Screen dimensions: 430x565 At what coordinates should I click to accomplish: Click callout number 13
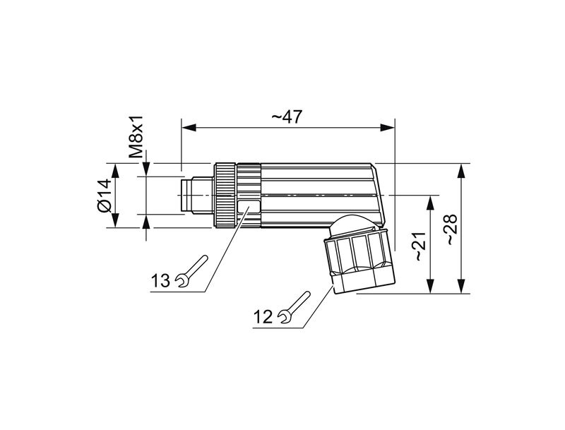(x=161, y=281)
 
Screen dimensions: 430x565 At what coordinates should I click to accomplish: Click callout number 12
(x=263, y=317)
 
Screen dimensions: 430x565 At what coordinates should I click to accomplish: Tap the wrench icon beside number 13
(x=191, y=270)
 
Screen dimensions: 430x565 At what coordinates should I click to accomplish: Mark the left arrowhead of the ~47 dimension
(x=188, y=128)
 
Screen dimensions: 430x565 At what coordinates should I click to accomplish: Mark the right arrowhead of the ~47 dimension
(x=388, y=128)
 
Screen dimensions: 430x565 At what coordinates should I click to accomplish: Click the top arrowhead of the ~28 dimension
(x=461, y=169)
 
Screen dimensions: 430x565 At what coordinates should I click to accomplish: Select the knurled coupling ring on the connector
(x=227, y=194)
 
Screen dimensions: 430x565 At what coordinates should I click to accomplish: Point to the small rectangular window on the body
(x=249, y=207)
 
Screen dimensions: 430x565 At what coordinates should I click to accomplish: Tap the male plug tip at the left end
(x=190, y=194)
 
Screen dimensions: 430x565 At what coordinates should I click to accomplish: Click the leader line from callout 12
(x=314, y=311)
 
